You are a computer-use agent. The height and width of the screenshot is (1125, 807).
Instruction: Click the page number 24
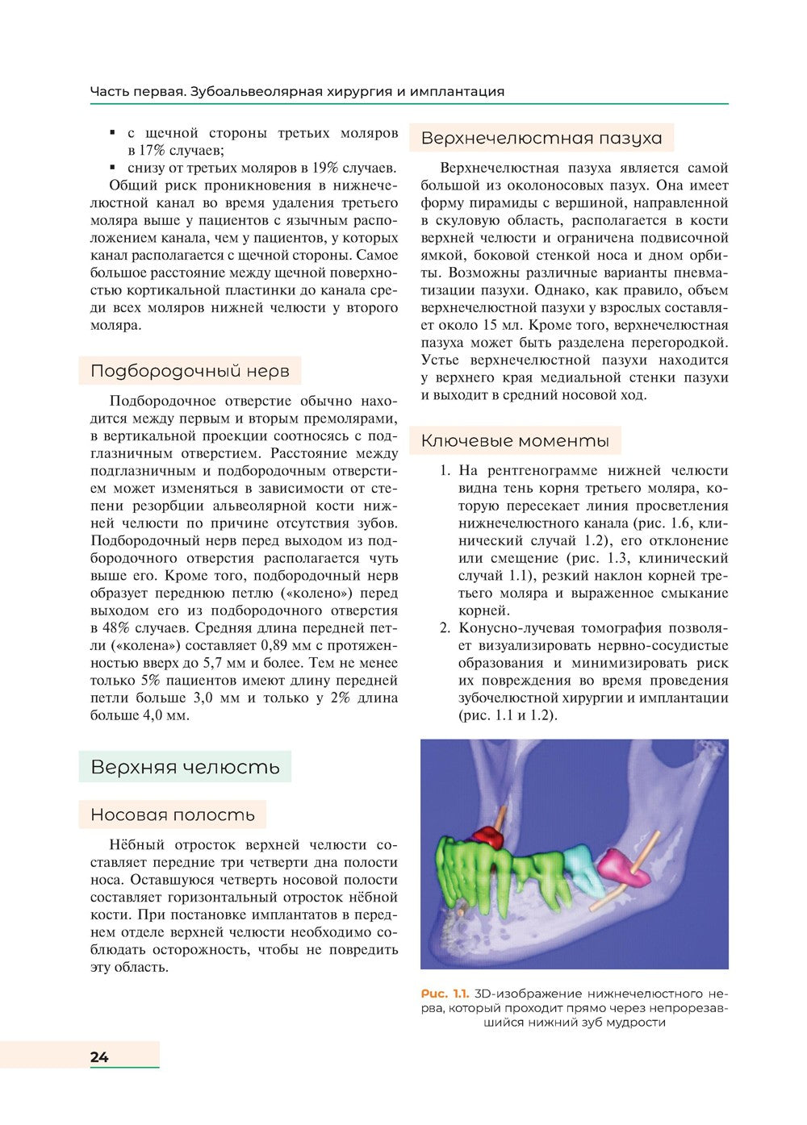click(99, 1056)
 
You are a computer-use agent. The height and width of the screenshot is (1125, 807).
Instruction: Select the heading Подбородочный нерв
click(190, 371)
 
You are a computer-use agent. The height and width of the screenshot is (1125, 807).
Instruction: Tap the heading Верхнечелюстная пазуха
click(541, 138)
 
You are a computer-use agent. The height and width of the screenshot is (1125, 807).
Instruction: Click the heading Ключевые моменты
click(515, 441)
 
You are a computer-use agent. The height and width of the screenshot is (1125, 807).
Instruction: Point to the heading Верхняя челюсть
click(185, 767)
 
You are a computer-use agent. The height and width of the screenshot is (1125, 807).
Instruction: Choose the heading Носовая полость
click(173, 815)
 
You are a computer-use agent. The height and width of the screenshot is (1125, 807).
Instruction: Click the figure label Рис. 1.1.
click(445, 994)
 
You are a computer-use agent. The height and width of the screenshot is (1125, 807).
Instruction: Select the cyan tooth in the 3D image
click(579, 868)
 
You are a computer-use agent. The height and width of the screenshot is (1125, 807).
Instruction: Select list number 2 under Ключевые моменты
click(444, 628)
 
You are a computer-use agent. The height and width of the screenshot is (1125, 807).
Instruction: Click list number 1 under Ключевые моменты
click(444, 471)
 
